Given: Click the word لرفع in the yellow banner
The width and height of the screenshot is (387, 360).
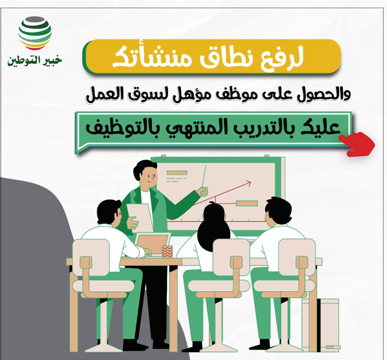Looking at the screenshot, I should (x=286, y=58).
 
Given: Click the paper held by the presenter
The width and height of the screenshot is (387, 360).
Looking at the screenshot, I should (x=139, y=217).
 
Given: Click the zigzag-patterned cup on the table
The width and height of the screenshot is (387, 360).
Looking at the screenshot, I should (x=167, y=250).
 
